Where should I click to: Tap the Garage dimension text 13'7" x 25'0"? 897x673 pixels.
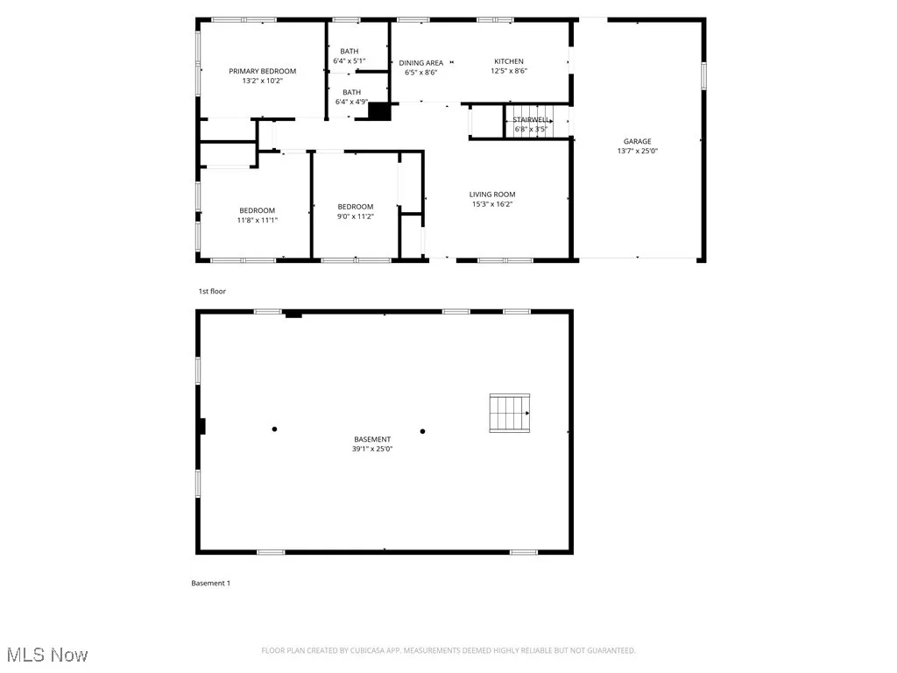tap(637, 151)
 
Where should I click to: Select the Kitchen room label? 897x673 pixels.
tap(508, 61)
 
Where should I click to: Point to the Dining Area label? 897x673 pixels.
tap(420, 63)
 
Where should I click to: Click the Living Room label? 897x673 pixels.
tap(491, 195)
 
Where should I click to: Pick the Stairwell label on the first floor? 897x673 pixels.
tap(531, 119)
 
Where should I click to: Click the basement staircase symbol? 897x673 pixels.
tap(510, 413)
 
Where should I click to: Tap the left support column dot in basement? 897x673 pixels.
tap(274, 429)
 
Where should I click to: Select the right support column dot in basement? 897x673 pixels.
tap(422, 431)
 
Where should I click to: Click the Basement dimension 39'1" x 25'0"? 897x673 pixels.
tap(372, 449)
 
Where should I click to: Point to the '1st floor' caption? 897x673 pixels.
tap(211, 291)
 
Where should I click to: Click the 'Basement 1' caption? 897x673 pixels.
tap(210, 583)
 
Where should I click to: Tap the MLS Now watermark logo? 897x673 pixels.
tap(47, 655)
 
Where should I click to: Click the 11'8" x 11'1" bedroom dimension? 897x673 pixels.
tap(257, 220)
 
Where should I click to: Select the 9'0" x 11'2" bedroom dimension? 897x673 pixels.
tap(356, 216)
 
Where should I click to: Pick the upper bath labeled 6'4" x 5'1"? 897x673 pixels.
tap(350, 57)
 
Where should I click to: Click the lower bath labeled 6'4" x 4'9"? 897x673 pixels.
tap(350, 96)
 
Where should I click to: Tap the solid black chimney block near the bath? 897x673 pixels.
tap(379, 111)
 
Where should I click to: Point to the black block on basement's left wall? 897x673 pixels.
tap(201, 427)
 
